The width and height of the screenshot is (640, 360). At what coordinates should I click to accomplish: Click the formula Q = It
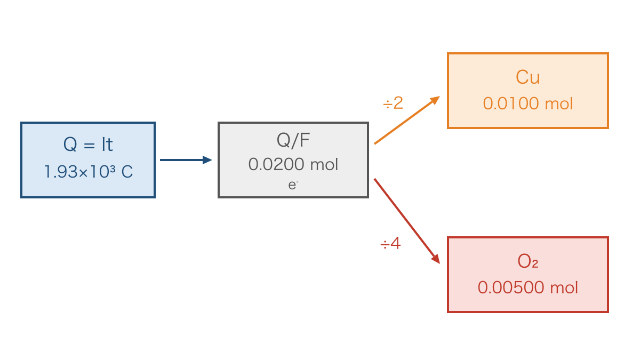click(x=88, y=145)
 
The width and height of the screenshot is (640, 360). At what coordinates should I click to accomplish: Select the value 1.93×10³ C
click(x=89, y=172)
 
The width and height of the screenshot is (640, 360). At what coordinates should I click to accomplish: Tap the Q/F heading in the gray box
click(x=293, y=141)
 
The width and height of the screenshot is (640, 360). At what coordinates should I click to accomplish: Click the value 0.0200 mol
click(x=293, y=164)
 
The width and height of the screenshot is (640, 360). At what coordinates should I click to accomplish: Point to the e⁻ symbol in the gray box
click(x=293, y=185)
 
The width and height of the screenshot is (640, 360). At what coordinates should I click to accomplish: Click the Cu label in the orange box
click(x=527, y=77)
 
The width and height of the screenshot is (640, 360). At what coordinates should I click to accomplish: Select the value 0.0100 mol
click(x=527, y=103)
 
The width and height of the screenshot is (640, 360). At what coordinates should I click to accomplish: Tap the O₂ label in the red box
click(x=527, y=261)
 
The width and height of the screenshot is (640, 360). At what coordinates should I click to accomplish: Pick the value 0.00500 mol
click(x=527, y=287)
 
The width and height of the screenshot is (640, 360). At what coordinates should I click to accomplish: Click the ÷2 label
click(x=393, y=103)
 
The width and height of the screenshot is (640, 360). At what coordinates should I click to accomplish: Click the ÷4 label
click(x=390, y=244)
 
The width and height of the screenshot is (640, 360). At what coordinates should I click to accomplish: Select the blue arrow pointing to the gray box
click(x=186, y=160)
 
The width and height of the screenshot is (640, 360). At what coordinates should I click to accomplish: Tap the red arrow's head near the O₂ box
click(x=436, y=259)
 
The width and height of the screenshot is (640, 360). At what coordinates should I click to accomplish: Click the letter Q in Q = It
click(x=70, y=145)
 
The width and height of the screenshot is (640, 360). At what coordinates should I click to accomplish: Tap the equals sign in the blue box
click(x=89, y=146)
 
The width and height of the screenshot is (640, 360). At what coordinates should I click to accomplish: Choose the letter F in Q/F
click(x=305, y=140)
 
